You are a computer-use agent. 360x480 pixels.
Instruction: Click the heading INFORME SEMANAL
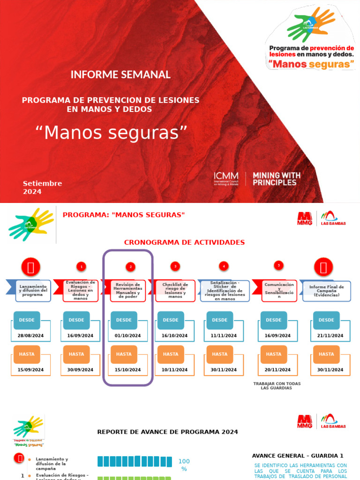pos(120,75)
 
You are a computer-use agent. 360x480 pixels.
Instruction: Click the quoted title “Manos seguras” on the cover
pos(112,133)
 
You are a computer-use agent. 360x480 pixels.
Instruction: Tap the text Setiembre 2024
pos(43,187)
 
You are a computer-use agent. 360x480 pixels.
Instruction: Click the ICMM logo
pos(226,179)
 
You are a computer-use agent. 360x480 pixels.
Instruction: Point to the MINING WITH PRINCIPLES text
pos(277,179)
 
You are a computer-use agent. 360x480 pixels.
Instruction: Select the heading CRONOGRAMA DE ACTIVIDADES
pos(184,242)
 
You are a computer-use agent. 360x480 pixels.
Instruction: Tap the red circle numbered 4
pos(224,266)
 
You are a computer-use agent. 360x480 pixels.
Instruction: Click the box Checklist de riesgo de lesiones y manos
pos(175,291)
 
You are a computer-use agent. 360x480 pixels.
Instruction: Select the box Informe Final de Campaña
pos(326,291)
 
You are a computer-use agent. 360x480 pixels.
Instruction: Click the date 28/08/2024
pos(30,336)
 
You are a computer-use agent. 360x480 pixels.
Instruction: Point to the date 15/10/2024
pos(127,370)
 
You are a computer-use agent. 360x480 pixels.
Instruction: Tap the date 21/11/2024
pos(330,336)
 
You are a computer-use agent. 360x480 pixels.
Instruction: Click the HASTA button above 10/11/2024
pos(171,354)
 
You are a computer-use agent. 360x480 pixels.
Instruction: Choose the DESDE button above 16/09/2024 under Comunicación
pos(273,320)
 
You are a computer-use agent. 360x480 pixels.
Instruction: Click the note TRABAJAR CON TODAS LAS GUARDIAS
pos(277,386)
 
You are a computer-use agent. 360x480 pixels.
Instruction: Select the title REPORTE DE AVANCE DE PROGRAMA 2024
pos(167,432)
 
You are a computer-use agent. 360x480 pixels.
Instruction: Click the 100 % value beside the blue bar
pos(184,465)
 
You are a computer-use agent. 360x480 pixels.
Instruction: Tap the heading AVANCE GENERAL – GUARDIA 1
pos(298,456)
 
